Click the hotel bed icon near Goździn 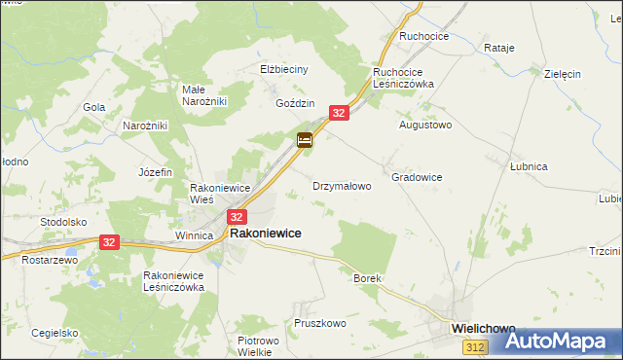tap(305, 141)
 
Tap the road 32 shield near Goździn tap(339, 114)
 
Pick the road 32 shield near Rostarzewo tap(109, 242)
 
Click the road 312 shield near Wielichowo tap(475, 347)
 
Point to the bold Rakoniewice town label tap(265, 234)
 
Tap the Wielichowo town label tap(484, 329)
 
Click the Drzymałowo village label tap(342, 185)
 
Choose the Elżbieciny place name tap(284, 70)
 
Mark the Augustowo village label tap(425, 126)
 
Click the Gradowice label tap(417, 177)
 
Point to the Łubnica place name tap(529, 166)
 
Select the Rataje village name tap(498, 48)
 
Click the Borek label tap(367, 278)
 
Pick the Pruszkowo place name tap(320, 322)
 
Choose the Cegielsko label tap(55, 332)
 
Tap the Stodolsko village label tap(64, 222)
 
